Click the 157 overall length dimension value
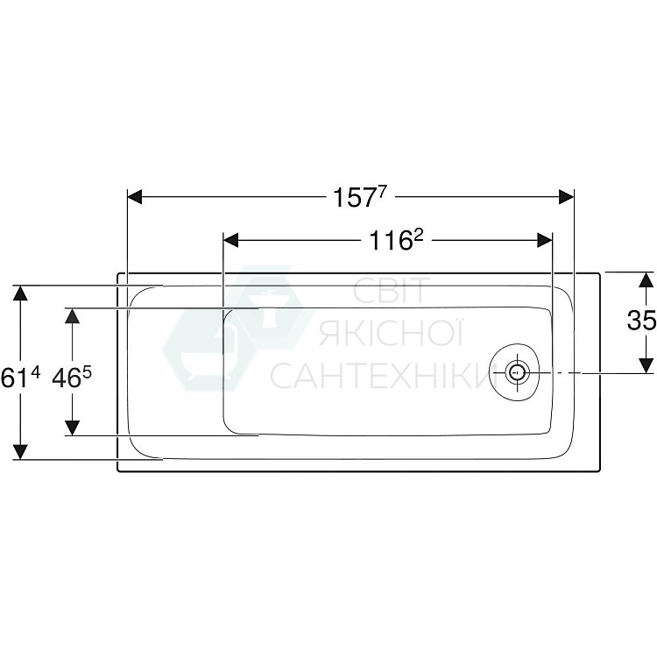[358, 197]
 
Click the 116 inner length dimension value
[390, 239]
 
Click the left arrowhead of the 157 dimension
[135, 198]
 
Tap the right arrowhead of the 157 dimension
[566, 198]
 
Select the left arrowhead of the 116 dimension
[231, 239]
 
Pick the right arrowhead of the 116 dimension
[545, 239]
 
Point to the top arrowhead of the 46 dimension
[73, 316]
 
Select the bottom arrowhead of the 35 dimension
[646, 364]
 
